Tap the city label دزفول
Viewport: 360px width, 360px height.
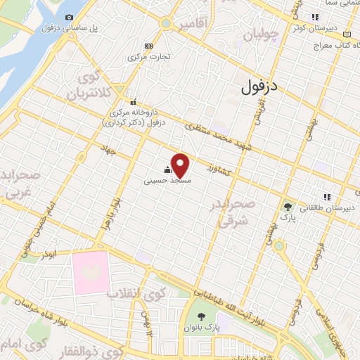pyautogui.click(x=259, y=86)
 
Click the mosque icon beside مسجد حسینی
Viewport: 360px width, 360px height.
pyautogui.click(x=167, y=169)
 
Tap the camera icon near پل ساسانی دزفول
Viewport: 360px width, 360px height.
pyautogui.click(x=69, y=17)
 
